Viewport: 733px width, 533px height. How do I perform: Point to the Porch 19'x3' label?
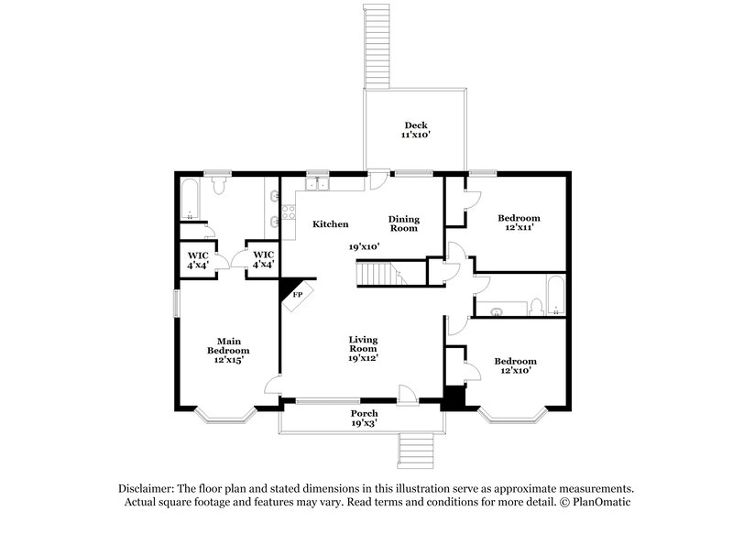coord(364,419)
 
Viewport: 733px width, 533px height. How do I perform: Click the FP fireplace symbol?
coord(296,295)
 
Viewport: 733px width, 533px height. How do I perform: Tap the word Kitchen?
coord(330,224)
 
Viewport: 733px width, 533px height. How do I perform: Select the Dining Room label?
coord(403,223)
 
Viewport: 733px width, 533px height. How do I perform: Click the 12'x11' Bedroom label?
coord(519,223)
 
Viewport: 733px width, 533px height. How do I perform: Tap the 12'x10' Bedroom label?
coord(515,365)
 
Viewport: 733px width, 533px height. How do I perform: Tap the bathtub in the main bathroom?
coord(191,201)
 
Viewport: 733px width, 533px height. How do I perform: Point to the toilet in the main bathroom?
coord(218,187)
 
